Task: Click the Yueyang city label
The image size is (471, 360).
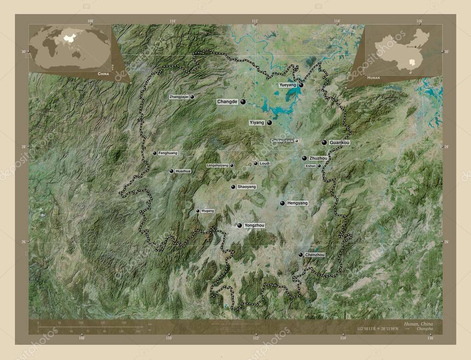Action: tap(287, 85)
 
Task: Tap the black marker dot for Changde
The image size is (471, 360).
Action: tap(243, 102)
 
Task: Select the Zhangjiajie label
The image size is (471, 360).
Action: tap(179, 97)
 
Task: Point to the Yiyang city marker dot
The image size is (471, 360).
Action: tap(270, 123)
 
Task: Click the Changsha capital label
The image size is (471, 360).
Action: tap(281, 141)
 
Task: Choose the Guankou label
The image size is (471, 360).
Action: tap(340, 143)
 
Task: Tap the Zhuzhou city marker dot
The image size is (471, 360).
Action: tap(304, 158)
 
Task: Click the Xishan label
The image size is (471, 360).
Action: tap(310, 166)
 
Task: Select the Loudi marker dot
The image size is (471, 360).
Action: tap(256, 163)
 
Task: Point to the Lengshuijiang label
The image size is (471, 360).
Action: tap(218, 165)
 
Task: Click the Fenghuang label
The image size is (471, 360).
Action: tap(167, 153)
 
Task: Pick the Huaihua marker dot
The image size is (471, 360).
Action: tap(172, 171)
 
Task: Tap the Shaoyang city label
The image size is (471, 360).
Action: tap(247, 187)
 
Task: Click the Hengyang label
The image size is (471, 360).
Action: tap(297, 203)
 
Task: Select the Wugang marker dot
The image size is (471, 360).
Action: tap(198, 211)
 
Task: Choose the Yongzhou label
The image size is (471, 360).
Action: tap(254, 225)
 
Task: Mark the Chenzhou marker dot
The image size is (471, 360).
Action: tap(300, 255)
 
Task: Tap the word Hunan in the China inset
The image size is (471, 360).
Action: tap(373, 79)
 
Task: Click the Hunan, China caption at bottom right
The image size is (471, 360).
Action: tap(418, 324)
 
